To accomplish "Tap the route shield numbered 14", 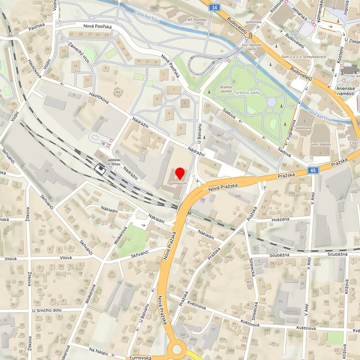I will point(214,7).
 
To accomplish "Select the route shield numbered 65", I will point(313,171).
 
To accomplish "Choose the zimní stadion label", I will point(320,144).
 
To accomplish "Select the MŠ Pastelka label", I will point(196,19).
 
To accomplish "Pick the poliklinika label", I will point(254,22).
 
